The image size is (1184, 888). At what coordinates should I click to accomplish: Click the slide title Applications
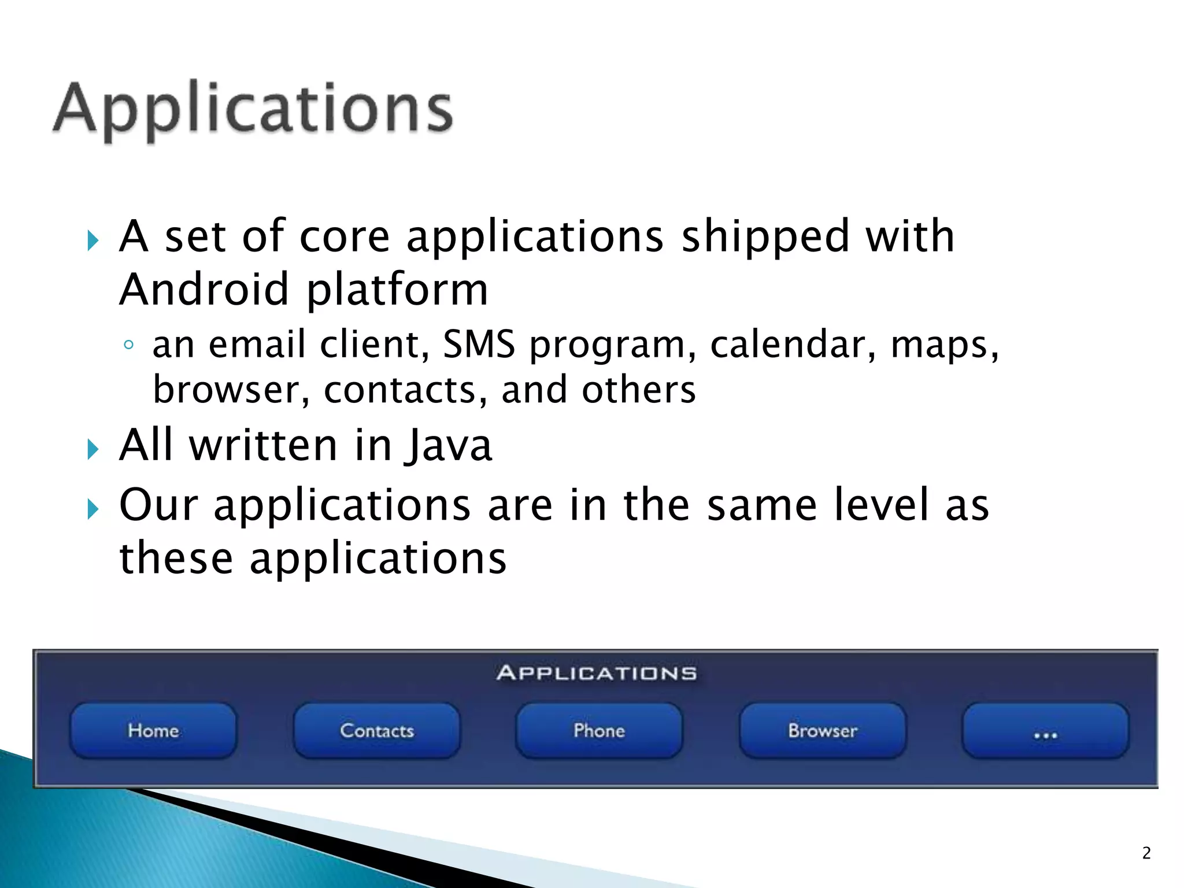tap(253, 110)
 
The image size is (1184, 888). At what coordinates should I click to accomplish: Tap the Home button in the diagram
tap(153, 731)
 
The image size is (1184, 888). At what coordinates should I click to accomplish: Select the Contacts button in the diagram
tap(377, 731)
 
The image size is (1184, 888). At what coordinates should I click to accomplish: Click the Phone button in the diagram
tap(599, 731)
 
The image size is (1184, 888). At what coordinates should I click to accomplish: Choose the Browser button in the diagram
tap(822, 731)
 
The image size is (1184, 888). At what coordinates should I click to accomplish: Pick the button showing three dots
tap(1045, 732)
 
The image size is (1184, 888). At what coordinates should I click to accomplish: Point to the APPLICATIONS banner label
tap(596, 673)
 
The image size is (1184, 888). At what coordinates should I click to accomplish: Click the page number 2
tap(1146, 853)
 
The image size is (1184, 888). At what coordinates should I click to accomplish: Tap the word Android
tap(203, 289)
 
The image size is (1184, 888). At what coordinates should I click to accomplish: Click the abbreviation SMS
tap(479, 345)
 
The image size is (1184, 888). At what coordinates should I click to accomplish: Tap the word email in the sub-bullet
tap(257, 345)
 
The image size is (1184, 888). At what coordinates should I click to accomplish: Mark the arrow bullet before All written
tap(93, 449)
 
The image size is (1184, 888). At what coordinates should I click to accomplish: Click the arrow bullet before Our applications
tap(93, 509)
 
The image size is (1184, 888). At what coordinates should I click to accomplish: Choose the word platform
tap(397, 290)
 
